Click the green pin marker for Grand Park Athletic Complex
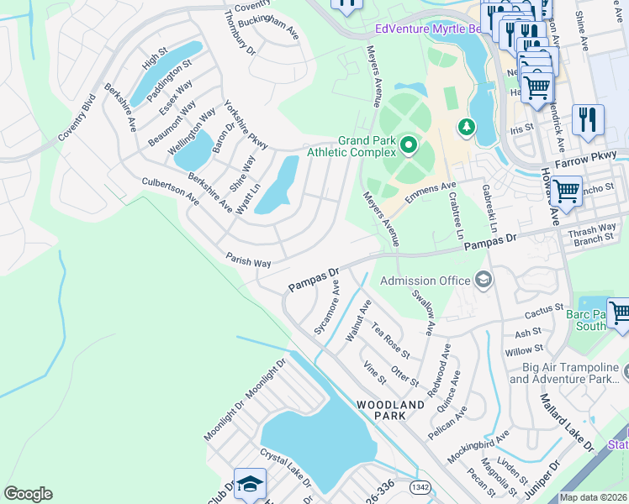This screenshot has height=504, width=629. click(410, 146)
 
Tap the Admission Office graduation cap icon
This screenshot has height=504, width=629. click(484, 280)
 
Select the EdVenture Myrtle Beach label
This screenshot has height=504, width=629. click(427, 29)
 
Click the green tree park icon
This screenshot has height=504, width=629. click(465, 127)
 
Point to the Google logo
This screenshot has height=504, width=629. click(28, 494)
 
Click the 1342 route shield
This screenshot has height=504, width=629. click(420, 486)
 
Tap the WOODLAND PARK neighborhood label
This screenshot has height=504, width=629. click(390, 411)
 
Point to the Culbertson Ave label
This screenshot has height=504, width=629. click(171, 191)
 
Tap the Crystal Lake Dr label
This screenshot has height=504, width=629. click(285, 468)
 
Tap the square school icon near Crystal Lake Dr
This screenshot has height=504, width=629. click(250, 484)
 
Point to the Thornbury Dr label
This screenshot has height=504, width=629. click(240, 33)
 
